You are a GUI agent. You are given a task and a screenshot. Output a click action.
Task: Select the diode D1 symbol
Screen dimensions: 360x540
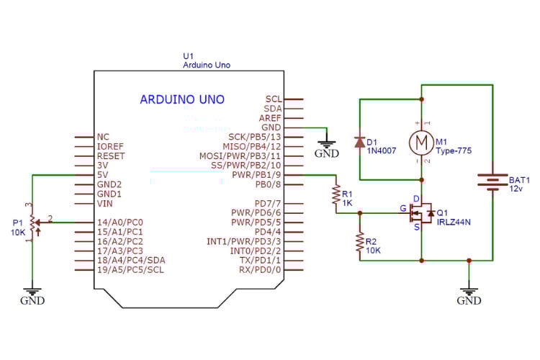tap(360, 142)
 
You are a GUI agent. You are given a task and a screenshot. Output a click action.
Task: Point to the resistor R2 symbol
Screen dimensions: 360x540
tap(359, 243)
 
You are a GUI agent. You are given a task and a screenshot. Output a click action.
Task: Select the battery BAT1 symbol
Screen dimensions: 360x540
tap(492, 179)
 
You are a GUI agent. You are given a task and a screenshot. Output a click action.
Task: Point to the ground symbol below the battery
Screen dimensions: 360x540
tap(469, 294)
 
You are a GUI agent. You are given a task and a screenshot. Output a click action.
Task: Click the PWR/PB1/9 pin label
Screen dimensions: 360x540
tap(256, 174)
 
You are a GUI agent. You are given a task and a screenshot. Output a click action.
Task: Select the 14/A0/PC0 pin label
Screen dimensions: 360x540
tap(120, 222)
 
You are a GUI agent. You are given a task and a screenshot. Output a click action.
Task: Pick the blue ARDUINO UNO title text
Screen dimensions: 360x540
tap(182, 99)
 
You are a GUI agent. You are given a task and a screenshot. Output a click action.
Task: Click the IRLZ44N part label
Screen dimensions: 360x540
tap(454, 222)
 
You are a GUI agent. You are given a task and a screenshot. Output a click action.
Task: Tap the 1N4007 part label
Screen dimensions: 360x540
tap(382, 152)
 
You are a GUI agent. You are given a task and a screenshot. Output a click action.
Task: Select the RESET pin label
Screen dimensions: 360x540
tap(110, 156)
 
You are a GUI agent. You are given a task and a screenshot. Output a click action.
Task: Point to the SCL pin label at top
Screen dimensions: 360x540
tap(273, 99)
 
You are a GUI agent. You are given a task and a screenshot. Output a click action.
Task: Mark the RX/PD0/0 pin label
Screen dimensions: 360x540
tap(260, 269)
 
